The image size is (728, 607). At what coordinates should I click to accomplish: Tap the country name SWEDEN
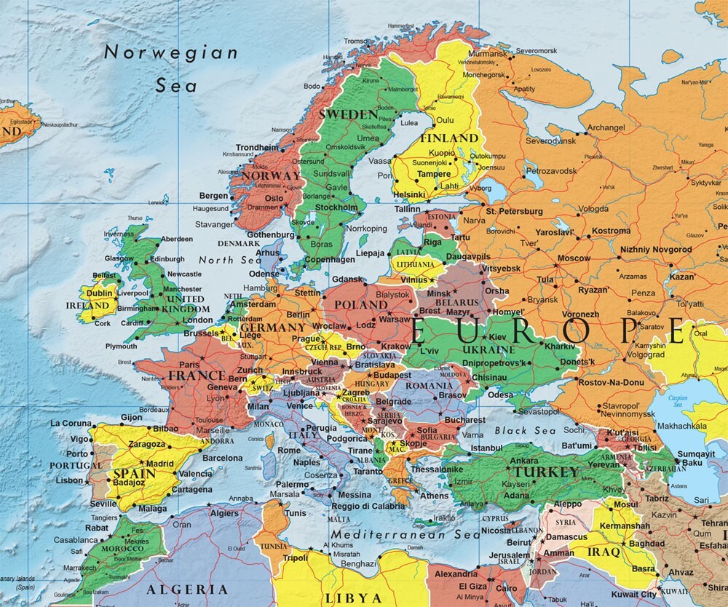pyautogui.click(x=349, y=115)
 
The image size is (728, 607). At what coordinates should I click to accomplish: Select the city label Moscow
pyautogui.click(x=574, y=258)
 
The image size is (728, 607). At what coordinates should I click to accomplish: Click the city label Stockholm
pyautogui.click(x=336, y=207)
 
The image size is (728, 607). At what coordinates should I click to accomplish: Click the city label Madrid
pyautogui.click(x=160, y=463)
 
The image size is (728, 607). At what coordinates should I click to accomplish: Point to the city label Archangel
pyautogui.click(x=606, y=127)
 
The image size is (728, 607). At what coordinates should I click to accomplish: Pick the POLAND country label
pyautogui.click(x=357, y=303)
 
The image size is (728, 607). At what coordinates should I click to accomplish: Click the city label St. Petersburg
pyautogui.click(x=515, y=211)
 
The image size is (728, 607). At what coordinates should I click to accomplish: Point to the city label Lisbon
pyautogui.click(x=69, y=480)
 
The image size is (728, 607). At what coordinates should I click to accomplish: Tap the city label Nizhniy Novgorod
pyautogui.click(x=656, y=250)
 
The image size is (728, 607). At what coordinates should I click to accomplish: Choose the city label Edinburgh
pyautogui.click(x=167, y=259)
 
